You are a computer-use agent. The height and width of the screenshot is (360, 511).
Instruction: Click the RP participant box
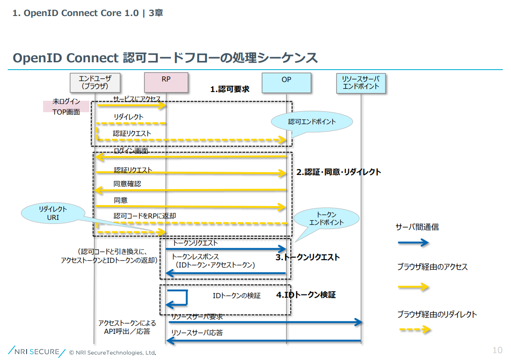tap(166, 82)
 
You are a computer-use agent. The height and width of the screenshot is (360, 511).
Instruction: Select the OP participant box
tap(286, 82)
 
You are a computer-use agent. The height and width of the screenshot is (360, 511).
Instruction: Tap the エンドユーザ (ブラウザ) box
tap(95, 82)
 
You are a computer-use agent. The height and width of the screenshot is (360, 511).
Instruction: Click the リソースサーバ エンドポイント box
tap(361, 82)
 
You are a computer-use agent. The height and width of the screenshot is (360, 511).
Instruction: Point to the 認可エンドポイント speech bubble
tap(312, 122)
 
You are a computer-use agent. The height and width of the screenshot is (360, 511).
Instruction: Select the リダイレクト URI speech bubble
tap(53, 213)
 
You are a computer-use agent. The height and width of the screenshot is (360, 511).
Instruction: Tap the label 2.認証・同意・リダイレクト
tap(339, 172)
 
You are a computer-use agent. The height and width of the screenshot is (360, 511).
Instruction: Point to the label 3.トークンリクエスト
tap(308, 257)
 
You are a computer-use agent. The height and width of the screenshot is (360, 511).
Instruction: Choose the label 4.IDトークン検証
tap(306, 295)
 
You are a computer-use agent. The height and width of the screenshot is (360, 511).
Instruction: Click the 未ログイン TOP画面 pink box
tap(66, 106)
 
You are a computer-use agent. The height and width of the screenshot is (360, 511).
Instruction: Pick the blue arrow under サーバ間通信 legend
tap(413, 243)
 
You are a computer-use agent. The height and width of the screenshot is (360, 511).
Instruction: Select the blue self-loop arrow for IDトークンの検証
tap(179, 298)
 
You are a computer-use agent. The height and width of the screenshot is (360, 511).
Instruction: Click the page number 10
tap(497, 350)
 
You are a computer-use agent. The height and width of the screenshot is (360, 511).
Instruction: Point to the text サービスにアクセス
tap(137, 99)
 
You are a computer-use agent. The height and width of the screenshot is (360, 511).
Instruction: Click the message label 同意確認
tap(127, 184)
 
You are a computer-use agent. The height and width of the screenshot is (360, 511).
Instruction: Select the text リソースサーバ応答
tap(197, 333)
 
